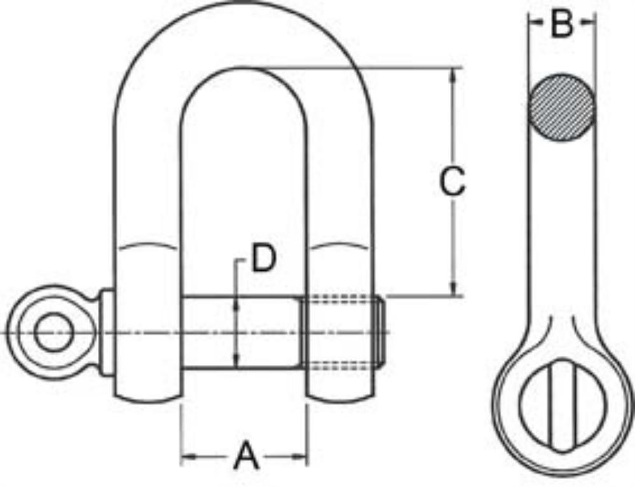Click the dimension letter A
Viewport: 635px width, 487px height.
coord(247,456)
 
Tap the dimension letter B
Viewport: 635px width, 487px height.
coord(562,25)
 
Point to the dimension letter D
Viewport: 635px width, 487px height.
coord(263,259)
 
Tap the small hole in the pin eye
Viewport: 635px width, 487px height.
coord(52,333)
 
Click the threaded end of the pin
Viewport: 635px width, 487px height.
coord(343,332)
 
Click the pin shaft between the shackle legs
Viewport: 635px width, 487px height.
coord(242,332)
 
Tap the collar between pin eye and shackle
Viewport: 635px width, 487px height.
coord(107,332)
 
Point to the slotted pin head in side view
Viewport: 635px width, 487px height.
coord(561,405)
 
